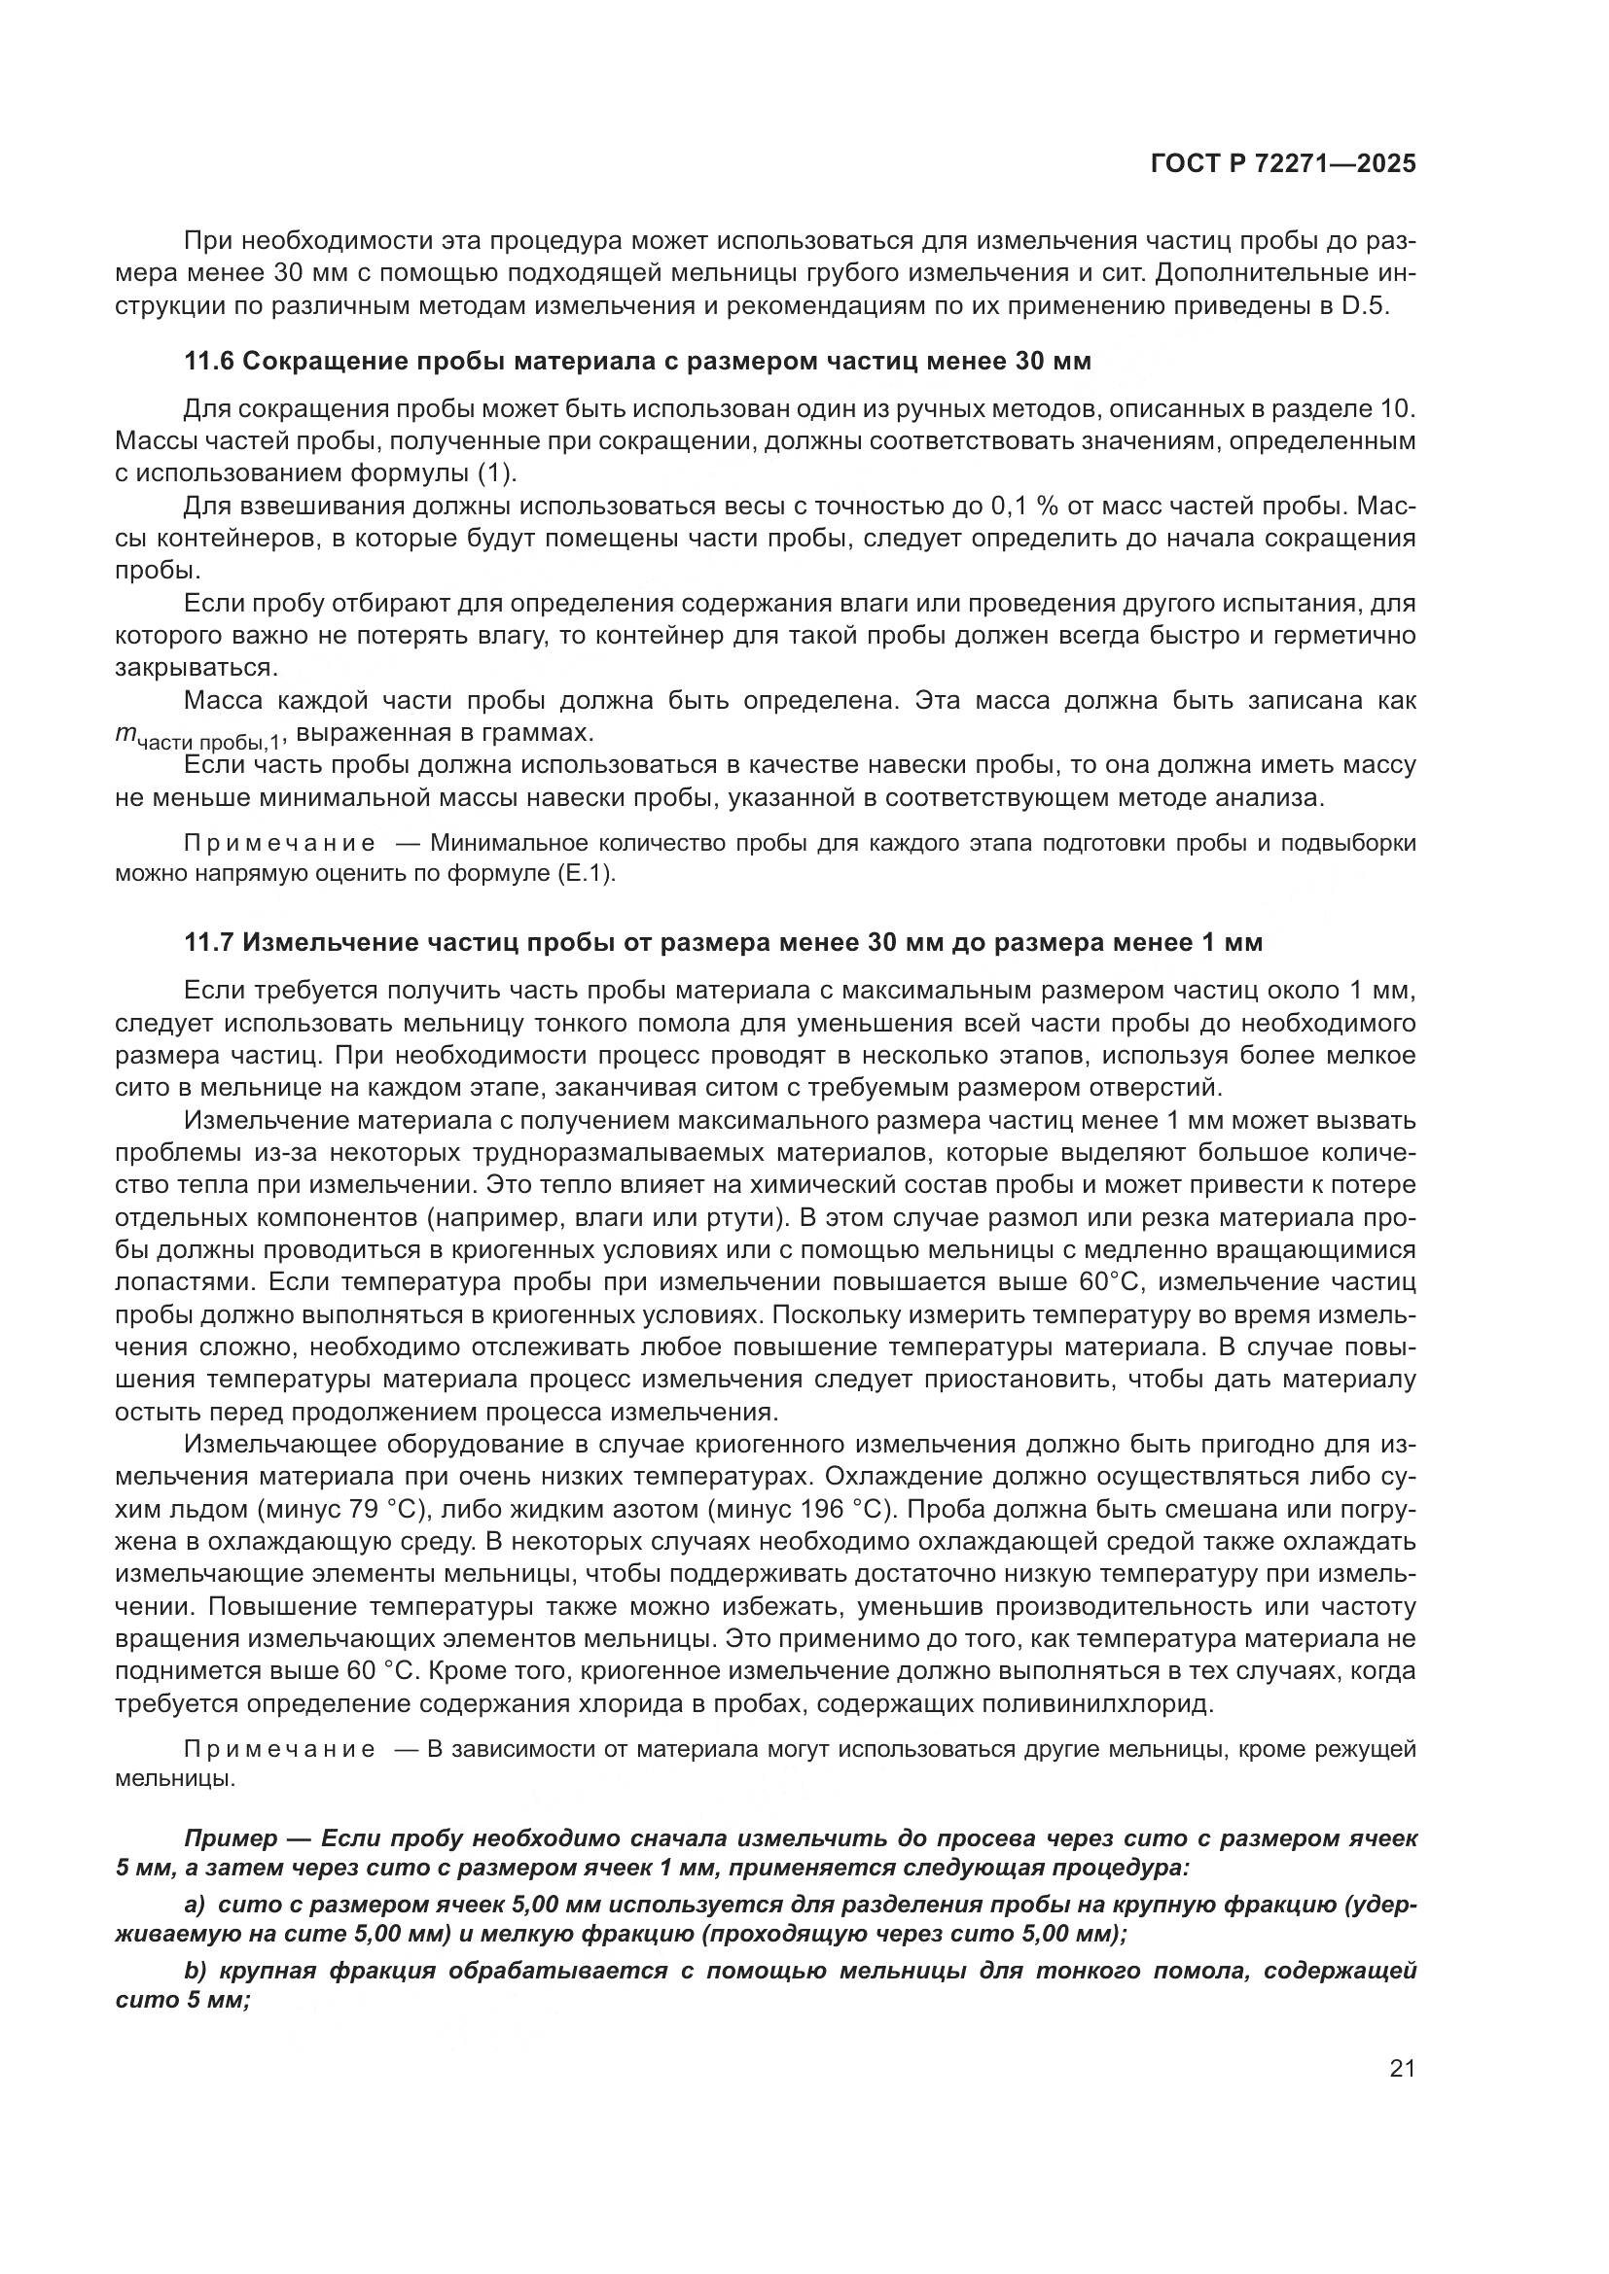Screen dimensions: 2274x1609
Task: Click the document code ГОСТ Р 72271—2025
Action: (1283, 163)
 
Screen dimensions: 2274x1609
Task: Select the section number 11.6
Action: (209, 362)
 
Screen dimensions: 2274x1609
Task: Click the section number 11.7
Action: (209, 943)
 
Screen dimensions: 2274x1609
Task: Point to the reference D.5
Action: (1366, 305)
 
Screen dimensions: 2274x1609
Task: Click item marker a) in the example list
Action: (194, 1904)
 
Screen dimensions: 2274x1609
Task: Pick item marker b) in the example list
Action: (195, 1969)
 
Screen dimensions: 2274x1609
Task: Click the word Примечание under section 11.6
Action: (279, 844)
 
